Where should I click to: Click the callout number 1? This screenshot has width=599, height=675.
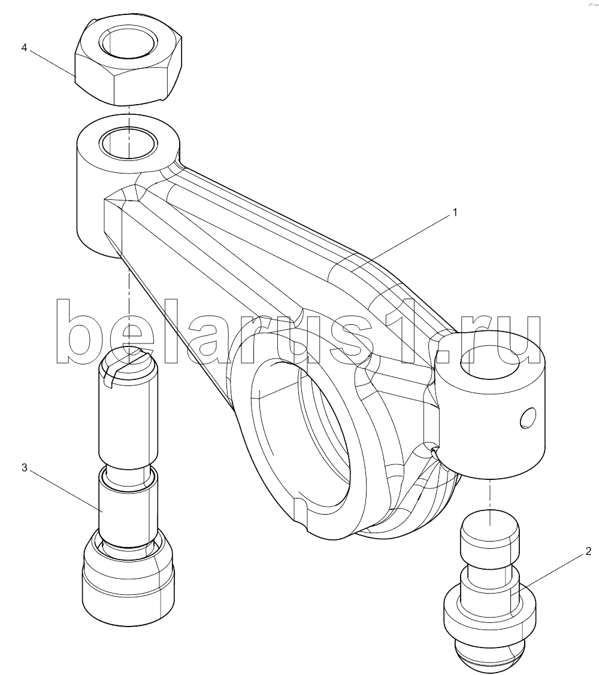pyautogui.click(x=455, y=212)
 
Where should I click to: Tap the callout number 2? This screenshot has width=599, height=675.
pyautogui.click(x=588, y=551)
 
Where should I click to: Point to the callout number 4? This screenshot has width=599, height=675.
pyautogui.click(x=25, y=48)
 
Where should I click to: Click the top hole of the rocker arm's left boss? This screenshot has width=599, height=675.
pyautogui.click(x=128, y=142)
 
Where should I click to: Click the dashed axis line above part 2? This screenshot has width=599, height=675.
pyautogui.click(x=491, y=494)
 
